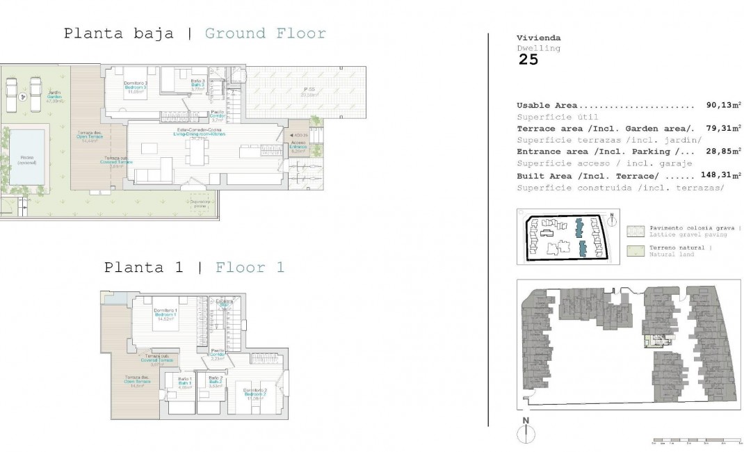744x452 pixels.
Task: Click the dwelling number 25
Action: tap(528, 59)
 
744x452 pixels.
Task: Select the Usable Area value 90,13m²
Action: tap(719, 106)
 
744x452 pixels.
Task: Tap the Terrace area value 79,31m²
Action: tap(719, 129)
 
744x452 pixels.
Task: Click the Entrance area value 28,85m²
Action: tap(719, 152)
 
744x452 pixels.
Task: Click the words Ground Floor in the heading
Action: tap(265, 33)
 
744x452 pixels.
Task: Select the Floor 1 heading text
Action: tap(250, 267)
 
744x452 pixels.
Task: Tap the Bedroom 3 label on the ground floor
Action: tap(136, 86)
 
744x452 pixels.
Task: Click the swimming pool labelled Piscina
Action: tap(28, 159)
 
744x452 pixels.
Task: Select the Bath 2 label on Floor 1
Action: tap(216, 382)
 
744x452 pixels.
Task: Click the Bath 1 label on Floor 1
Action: tap(184, 382)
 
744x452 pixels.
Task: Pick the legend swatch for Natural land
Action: tap(635, 250)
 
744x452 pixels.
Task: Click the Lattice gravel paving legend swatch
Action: tap(635, 231)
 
